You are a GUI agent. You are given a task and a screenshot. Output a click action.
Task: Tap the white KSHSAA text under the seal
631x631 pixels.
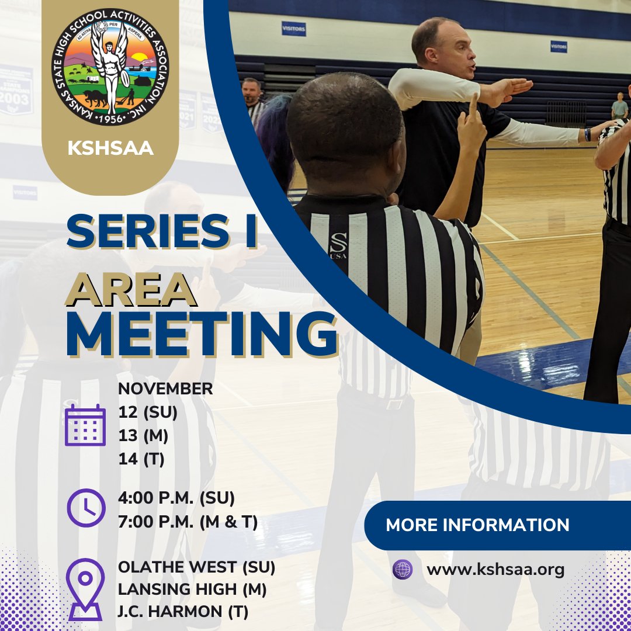110,148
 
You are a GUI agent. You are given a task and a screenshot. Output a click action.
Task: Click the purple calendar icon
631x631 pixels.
85,425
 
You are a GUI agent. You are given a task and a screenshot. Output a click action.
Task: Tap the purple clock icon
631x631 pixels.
86,507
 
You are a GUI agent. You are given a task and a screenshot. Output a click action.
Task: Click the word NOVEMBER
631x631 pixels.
165,389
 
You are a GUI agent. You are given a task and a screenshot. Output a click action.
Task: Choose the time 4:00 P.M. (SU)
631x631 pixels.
176,498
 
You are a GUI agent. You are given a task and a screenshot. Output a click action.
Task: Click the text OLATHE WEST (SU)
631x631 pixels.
196,567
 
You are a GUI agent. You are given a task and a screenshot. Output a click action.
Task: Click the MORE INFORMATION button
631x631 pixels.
477,525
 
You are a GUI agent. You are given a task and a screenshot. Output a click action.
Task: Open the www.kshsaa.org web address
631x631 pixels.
495,570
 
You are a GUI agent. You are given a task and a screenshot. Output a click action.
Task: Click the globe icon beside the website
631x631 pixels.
403,570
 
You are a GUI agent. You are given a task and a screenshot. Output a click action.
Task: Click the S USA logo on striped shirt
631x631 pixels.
338,245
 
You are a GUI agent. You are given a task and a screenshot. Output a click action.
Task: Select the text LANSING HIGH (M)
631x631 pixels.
192,590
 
